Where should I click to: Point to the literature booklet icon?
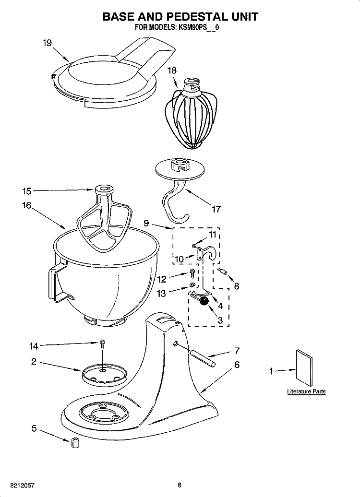point(305,368)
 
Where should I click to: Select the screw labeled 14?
point(103,344)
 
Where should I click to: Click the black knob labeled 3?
point(204,301)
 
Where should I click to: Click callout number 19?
point(47,43)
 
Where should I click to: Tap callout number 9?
point(146,222)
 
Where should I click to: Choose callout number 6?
point(236,365)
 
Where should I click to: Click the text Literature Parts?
point(306,391)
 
